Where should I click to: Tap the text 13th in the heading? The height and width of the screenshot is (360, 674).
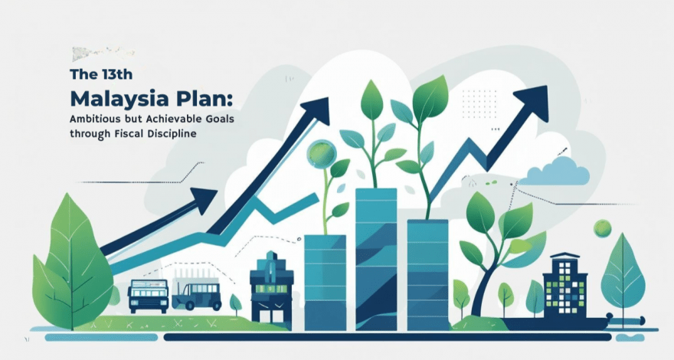(x=117, y=74)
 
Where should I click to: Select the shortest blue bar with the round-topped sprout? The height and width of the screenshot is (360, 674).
(x=325, y=283)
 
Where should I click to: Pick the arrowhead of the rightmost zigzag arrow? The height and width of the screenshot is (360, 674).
(x=532, y=103)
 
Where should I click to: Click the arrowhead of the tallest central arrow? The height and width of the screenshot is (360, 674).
(x=315, y=111)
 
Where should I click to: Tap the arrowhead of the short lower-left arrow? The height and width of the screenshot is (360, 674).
(x=203, y=201)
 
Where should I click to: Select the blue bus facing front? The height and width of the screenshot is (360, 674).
(x=148, y=296)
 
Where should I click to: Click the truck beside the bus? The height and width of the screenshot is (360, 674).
(x=196, y=294)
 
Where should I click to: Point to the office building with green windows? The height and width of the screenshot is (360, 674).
(x=564, y=286)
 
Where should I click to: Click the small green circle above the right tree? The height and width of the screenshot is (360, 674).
(x=602, y=228)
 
